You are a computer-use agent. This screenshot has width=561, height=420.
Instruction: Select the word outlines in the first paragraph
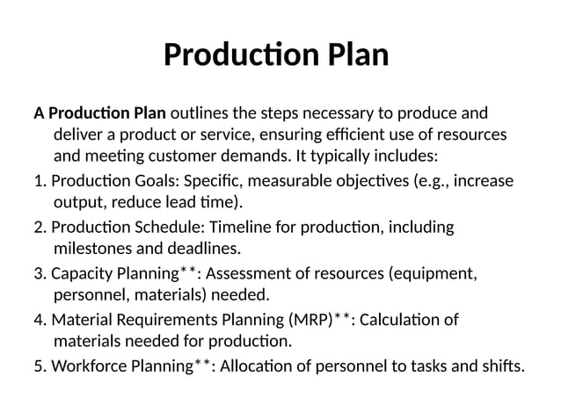coord(201,113)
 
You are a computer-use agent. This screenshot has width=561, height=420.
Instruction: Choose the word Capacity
coord(82,273)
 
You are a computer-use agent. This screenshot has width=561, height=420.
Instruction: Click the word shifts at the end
coord(501,365)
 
